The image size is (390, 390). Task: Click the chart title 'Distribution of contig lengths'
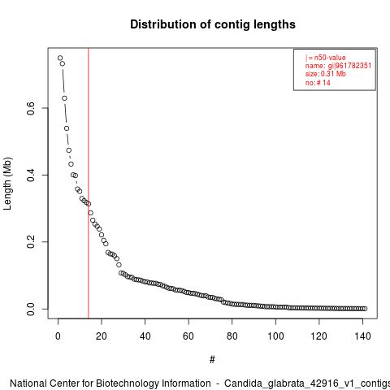(x=213, y=24)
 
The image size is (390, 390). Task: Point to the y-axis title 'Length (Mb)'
(x=8, y=184)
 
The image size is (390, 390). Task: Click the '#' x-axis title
(x=212, y=360)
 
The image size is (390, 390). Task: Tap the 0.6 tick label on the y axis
(x=31, y=108)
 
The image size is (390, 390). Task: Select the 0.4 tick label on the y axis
(x=31, y=175)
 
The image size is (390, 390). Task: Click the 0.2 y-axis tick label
(x=31, y=241)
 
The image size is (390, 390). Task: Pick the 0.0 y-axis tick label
(x=31, y=309)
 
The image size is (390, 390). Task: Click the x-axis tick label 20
(x=102, y=336)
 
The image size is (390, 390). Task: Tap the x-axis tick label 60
(x=188, y=336)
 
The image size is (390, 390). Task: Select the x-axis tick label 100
(x=275, y=336)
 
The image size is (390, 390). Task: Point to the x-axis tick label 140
(x=362, y=336)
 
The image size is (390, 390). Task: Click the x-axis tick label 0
(x=58, y=336)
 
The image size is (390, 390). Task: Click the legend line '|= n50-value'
(x=326, y=58)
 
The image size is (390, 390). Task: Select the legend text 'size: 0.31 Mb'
(x=326, y=74)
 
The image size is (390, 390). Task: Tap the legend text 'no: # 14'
(x=318, y=82)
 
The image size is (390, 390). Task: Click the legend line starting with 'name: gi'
(x=338, y=66)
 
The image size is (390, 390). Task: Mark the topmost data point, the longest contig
(x=60, y=58)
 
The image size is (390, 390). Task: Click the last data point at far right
(x=365, y=309)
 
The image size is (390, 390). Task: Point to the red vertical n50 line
(x=89, y=184)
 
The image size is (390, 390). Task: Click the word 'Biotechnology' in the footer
(x=127, y=383)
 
